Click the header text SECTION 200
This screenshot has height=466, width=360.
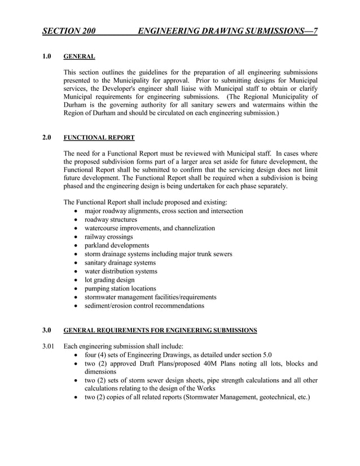69,30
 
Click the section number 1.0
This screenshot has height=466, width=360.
47,56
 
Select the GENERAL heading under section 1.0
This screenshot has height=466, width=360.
79,56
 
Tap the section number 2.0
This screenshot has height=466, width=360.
47,137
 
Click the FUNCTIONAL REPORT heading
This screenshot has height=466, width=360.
99,137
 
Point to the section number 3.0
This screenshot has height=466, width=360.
47,329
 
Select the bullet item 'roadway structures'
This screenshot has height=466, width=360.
111,219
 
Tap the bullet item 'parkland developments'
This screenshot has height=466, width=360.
117,245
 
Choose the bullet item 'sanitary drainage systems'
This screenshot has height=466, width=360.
120,263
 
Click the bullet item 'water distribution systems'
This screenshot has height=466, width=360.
121,271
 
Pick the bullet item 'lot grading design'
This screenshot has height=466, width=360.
109,280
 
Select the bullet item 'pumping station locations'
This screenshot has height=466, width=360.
120,288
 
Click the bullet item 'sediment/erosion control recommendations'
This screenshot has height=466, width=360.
144,306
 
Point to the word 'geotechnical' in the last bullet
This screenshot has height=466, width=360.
276,397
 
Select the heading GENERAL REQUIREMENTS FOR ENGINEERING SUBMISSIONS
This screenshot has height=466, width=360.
160,329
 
